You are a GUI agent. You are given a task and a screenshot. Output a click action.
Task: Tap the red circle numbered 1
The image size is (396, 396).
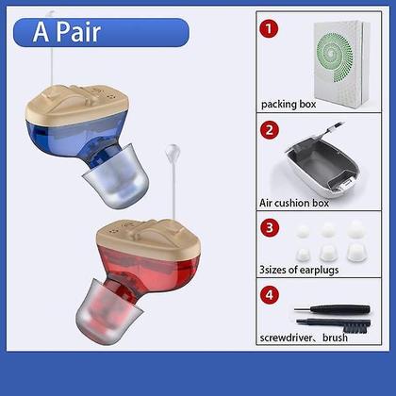(271, 28)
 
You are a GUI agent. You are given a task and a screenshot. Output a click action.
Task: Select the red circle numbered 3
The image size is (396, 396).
(271, 227)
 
